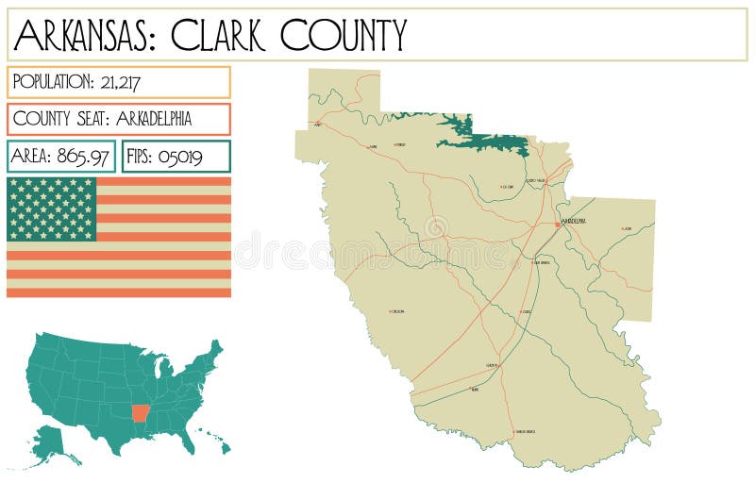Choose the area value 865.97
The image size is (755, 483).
point(84,157)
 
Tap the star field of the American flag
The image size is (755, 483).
point(52,208)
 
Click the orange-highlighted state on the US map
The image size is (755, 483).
point(141,413)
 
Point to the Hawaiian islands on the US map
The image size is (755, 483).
point(213,443)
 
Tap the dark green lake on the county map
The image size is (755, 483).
point(481,140)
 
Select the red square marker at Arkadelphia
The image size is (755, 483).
point(558,225)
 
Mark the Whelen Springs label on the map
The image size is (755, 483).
point(520,432)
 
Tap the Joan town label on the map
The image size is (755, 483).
point(628,228)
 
